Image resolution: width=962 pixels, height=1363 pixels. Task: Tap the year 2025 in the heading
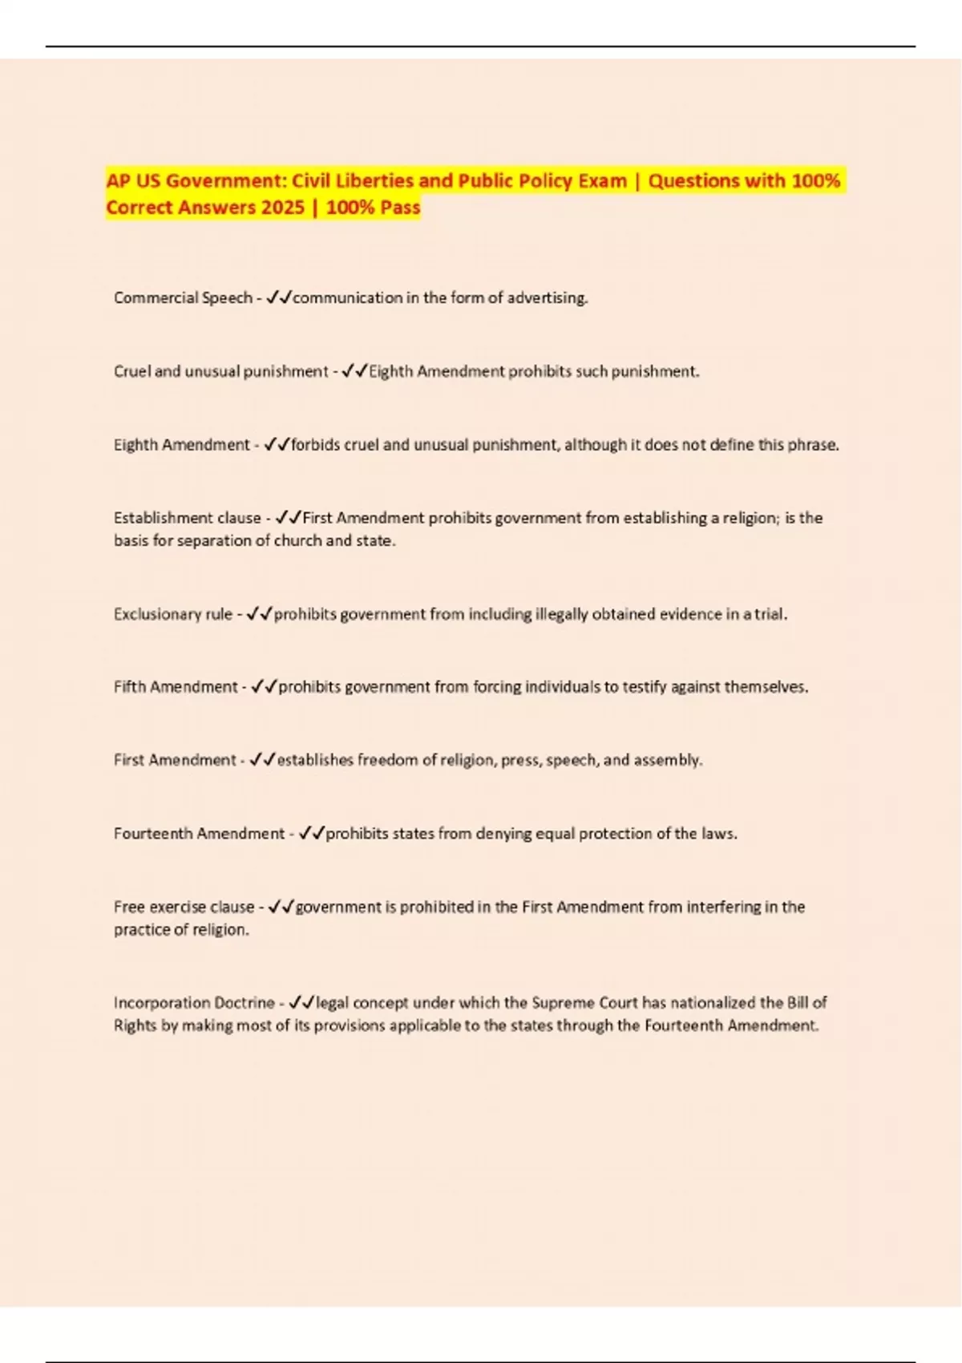point(282,207)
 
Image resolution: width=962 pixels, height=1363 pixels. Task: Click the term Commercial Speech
point(183,297)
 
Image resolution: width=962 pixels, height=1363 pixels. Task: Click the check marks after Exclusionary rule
point(260,614)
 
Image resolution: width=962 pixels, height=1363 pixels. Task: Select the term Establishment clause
point(187,518)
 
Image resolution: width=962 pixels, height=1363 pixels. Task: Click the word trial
point(770,614)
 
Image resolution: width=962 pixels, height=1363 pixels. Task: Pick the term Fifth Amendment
point(176,687)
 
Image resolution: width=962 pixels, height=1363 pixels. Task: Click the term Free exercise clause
point(184,907)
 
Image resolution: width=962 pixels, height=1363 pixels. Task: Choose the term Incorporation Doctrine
point(194,1002)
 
